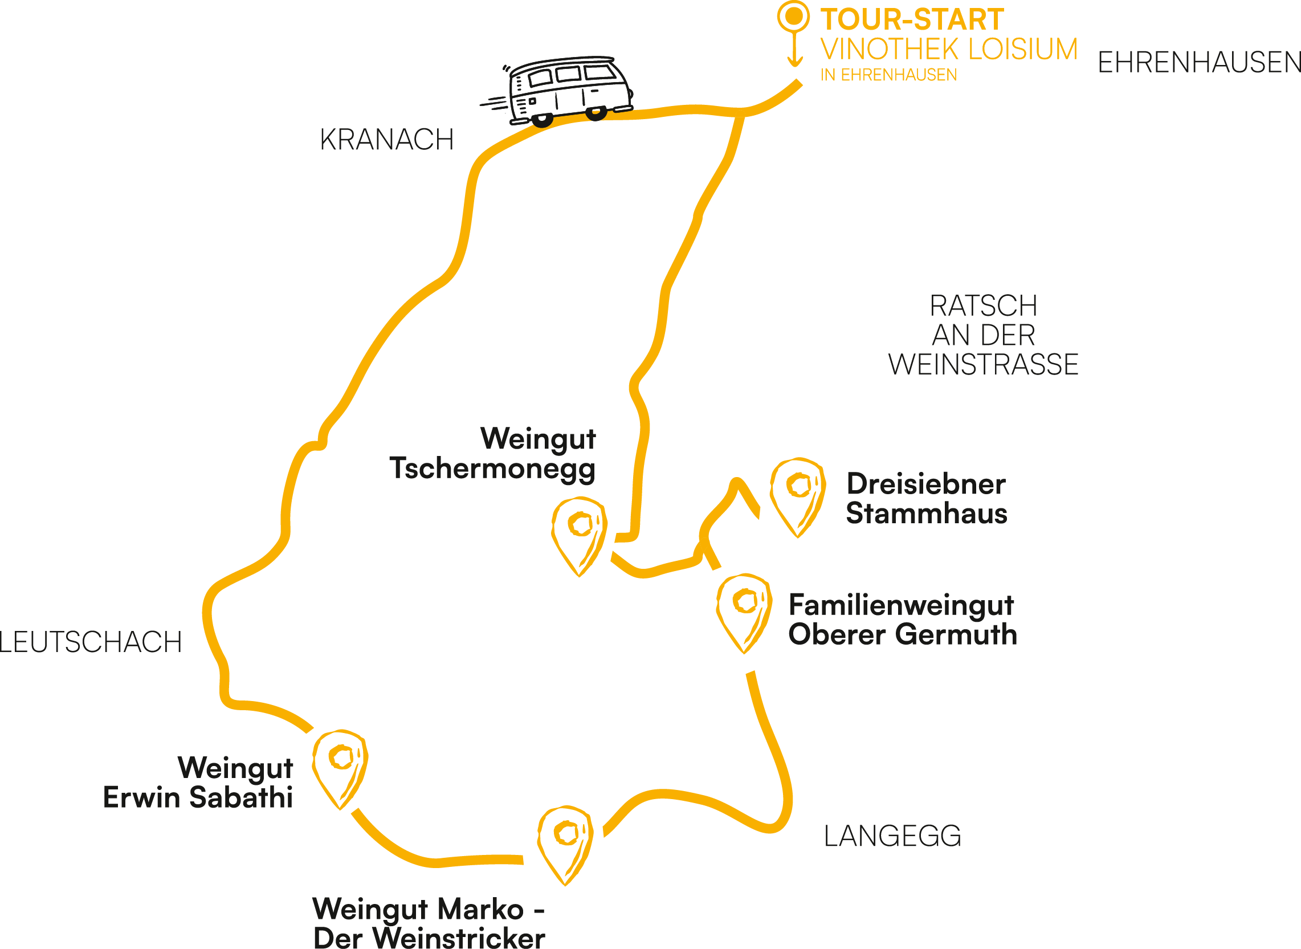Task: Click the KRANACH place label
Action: point(386,140)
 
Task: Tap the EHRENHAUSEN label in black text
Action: point(1198,63)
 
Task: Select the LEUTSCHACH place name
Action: point(90,642)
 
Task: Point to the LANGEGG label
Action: point(892,836)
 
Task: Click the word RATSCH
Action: point(984,306)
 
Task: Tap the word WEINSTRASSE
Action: point(984,365)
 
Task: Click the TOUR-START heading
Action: point(912,19)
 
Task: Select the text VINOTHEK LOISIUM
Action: point(949,50)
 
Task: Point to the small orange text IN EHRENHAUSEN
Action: point(888,75)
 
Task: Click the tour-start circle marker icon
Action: point(794,17)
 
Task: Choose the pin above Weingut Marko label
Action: point(565,841)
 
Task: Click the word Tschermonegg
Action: point(492,469)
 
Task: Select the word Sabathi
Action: point(240,797)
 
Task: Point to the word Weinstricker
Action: point(459,938)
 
